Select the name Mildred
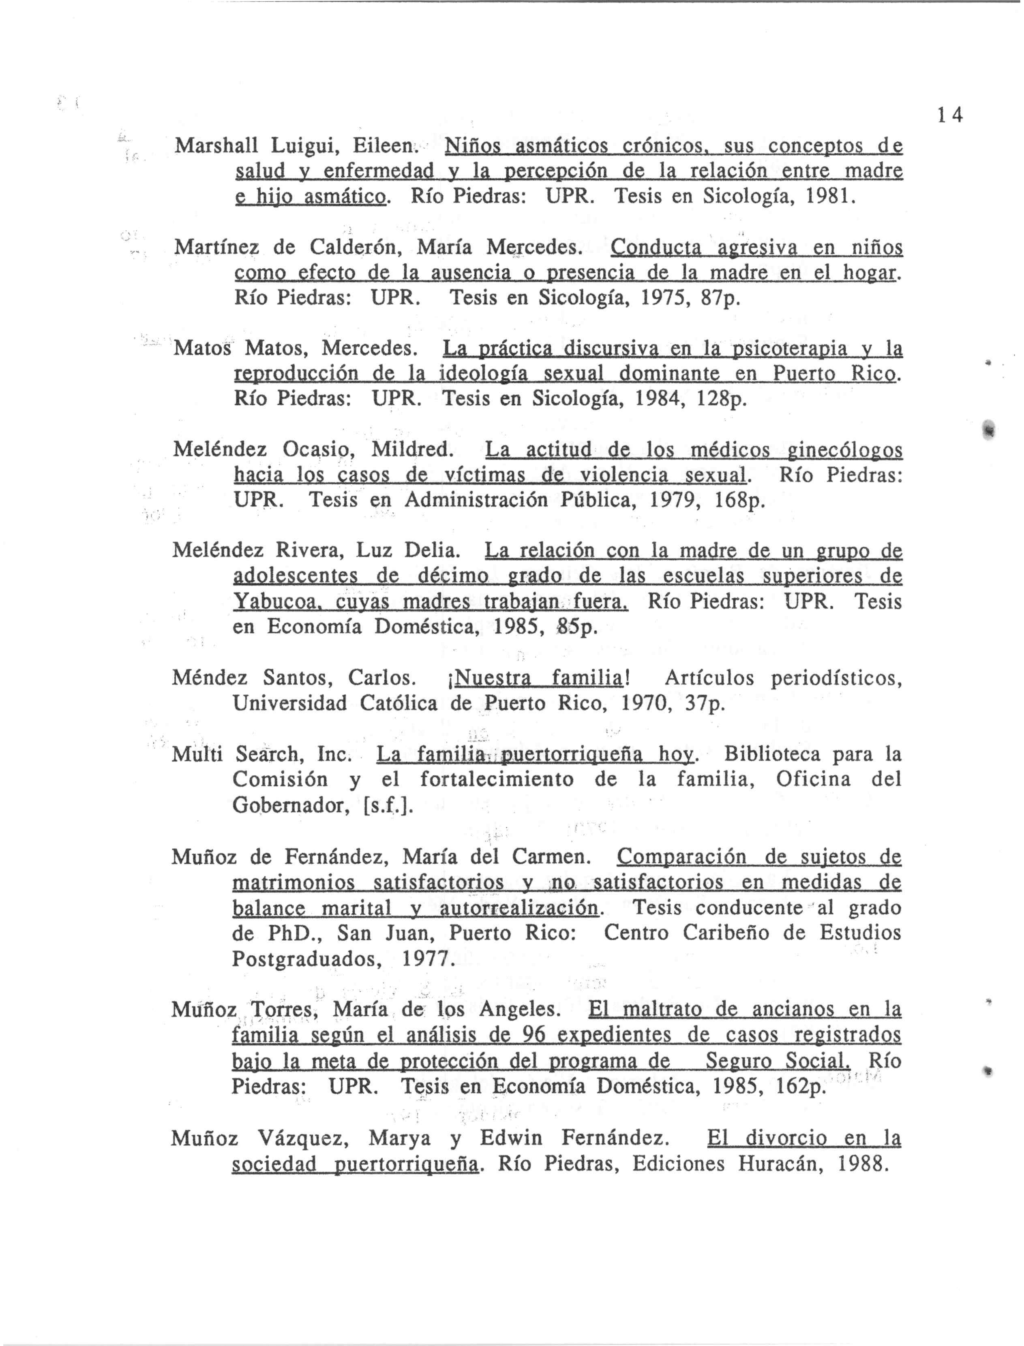coord(412,450)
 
